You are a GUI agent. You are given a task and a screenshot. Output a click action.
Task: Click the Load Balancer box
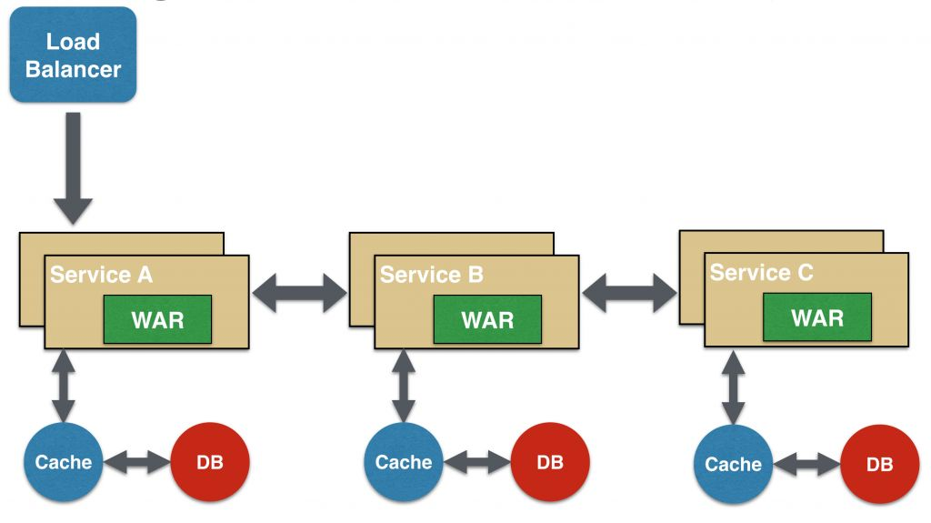point(73,55)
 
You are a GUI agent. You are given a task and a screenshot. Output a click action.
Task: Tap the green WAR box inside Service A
point(157,319)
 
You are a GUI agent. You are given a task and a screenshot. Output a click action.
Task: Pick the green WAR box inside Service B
point(487,319)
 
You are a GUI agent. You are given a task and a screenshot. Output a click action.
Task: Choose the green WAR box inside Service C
point(817,317)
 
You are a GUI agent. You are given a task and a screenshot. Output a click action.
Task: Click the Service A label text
point(101,275)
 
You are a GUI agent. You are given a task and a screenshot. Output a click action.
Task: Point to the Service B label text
point(432,275)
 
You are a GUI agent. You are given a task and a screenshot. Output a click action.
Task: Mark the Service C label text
point(762,273)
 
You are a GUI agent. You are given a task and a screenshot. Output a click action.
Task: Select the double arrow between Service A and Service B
point(299,293)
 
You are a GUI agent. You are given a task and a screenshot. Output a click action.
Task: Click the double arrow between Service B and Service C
point(629,293)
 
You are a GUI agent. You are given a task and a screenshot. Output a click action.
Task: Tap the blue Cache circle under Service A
point(64,462)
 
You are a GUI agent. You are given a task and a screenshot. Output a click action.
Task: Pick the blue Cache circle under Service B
point(404,462)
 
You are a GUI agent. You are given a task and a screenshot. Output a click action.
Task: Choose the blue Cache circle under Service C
point(733,464)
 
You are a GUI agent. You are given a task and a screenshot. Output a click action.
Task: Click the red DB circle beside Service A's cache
point(210,462)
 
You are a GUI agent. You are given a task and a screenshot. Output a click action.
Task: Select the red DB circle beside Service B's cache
point(549,462)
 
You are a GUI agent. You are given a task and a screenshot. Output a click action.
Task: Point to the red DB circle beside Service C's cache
point(879,464)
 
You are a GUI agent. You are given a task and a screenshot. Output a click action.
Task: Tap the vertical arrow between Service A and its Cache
point(64,386)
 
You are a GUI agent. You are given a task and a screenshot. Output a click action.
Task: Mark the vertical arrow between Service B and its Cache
point(404,386)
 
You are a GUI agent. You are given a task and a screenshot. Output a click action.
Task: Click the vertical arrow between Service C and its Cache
point(733,386)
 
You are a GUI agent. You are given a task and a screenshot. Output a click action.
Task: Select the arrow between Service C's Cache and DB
point(806,465)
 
